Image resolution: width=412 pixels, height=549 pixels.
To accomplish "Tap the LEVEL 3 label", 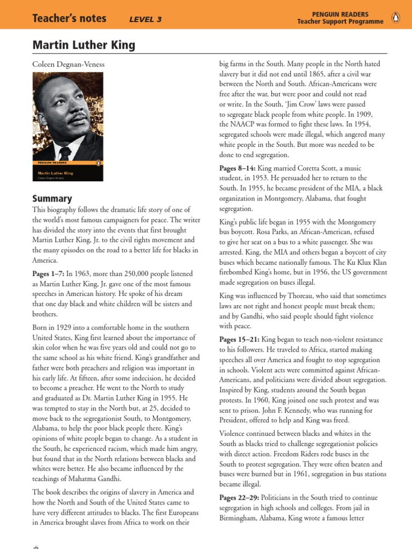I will [x=145, y=20].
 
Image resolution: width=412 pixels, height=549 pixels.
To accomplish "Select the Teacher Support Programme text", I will [x=341, y=21].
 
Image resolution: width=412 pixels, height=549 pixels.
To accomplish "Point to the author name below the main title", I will [x=69, y=65].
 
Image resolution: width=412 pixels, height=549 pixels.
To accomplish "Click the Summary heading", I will [x=52, y=198].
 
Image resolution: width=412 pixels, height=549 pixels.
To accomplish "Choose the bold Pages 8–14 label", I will [x=238, y=168].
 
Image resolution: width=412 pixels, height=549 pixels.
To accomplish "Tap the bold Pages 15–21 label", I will [x=240, y=339].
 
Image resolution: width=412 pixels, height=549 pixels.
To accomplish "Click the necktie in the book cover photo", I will [x=65, y=152].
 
